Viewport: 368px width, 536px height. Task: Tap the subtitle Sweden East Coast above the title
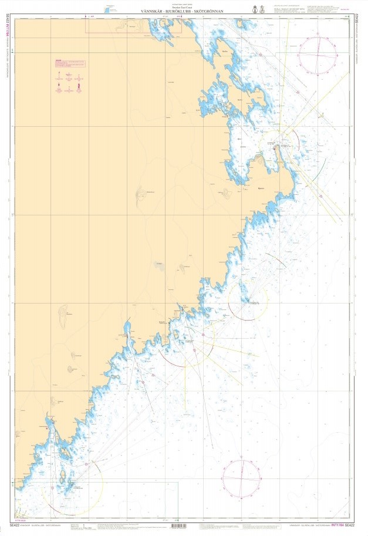point(184,7)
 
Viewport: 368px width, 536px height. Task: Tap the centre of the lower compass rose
point(242,478)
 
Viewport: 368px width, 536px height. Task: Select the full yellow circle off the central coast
point(248,301)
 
